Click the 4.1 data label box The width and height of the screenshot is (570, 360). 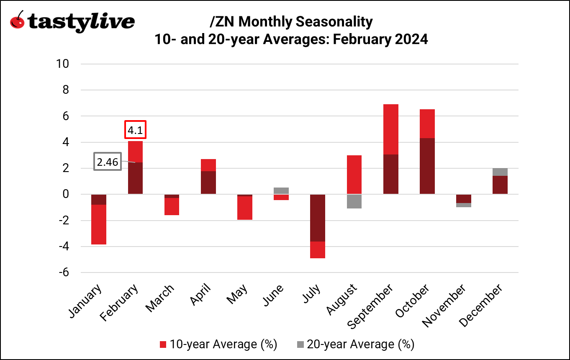135,130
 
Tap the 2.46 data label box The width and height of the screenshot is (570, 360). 108,162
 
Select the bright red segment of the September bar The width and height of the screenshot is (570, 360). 390,129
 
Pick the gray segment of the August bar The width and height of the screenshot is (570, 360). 354,201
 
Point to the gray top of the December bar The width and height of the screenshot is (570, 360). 500,172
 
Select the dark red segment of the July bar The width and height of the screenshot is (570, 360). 317,218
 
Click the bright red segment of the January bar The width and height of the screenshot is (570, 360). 99,224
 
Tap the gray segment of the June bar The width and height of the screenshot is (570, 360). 281,190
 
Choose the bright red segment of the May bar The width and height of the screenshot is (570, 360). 244,208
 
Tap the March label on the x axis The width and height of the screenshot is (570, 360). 160,298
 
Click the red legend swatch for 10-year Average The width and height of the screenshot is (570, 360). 163,345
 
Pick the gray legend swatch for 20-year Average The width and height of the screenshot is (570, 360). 300,345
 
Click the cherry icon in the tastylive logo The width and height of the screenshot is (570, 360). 17,21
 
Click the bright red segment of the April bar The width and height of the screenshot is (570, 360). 208,165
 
